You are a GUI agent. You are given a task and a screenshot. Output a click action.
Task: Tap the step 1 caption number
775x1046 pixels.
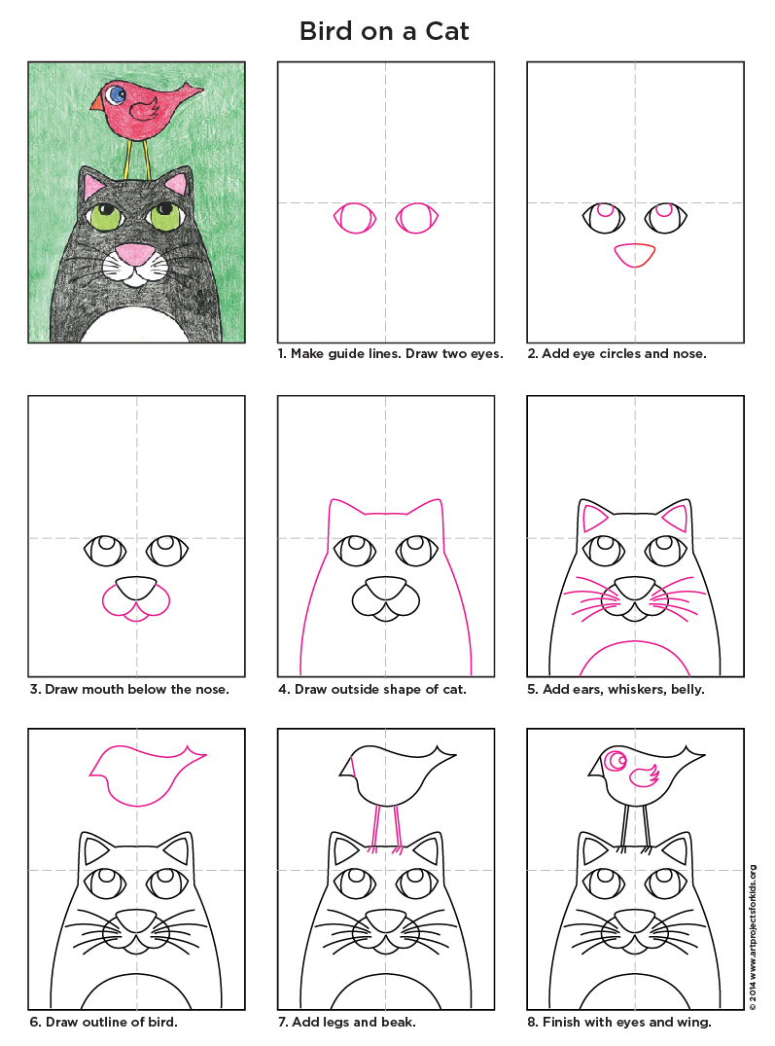click(282, 354)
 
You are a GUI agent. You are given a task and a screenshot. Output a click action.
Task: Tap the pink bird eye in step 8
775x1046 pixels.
click(615, 761)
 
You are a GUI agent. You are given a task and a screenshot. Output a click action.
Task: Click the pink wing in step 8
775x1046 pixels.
click(644, 775)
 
